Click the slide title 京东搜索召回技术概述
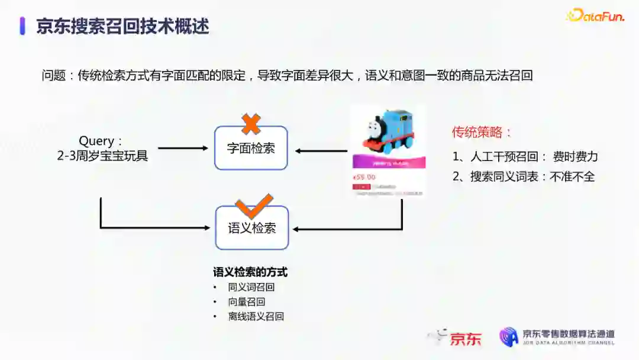click(x=122, y=26)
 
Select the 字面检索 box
click(x=251, y=148)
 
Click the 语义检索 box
click(x=252, y=228)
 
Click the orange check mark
click(x=254, y=205)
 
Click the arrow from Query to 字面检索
click(x=183, y=148)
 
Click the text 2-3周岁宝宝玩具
click(x=101, y=156)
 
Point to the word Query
click(x=96, y=141)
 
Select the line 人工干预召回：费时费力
click(x=525, y=157)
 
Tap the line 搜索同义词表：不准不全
click(x=524, y=176)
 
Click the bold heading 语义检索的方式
click(x=250, y=272)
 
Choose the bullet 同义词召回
click(x=251, y=287)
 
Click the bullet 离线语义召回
click(x=256, y=316)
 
